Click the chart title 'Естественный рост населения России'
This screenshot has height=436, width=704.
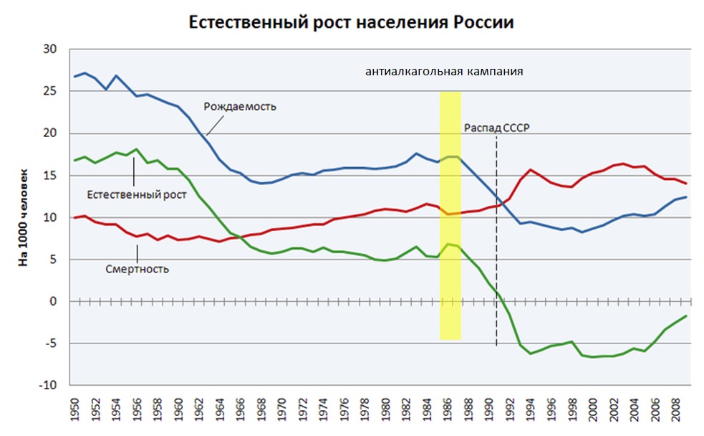pyautogui.click(x=351, y=22)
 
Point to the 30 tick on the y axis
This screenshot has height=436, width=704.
pyautogui.click(x=51, y=49)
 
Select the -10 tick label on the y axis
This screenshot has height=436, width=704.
pyautogui.click(x=49, y=386)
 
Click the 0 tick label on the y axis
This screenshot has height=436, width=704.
pyautogui.click(x=54, y=302)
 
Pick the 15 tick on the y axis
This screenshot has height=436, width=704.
pyautogui.click(x=51, y=176)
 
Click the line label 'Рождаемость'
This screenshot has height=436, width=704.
pyautogui.click(x=240, y=107)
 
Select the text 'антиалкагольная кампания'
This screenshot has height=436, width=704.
pyautogui.click(x=445, y=72)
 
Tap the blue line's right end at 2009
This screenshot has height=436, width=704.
pyautogui.click(x=686, y=197)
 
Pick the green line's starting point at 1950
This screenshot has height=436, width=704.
pyautogui.click(x=74, y=161)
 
